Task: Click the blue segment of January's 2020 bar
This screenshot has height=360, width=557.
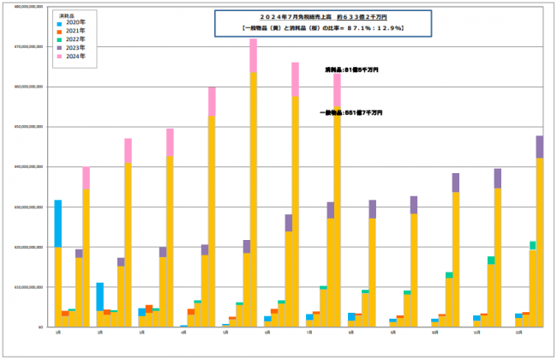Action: pyautogui.click(x=57, y=223)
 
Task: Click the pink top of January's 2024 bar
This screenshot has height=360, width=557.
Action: pyautogui.click(x=86, y=177)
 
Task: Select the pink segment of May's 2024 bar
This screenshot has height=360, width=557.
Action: pyautogui.click(x=254, y=56)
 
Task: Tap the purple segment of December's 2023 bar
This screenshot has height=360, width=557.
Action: pyautogui.click(x=539, y=147)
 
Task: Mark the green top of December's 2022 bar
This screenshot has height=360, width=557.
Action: pyautogui.click(x=532, y=245)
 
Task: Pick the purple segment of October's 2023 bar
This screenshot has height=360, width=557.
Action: pyautogui.click(x=455, y=182)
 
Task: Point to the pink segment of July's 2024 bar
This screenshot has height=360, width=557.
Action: pyautogui.click(x=338, y=89)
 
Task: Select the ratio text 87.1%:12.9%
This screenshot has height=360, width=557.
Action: pyautogui.click(x=369, y=28)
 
